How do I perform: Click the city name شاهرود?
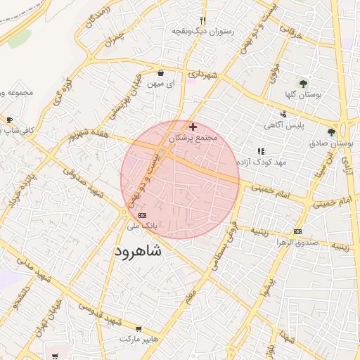click(137, 251)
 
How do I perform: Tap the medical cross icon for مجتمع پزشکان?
click(193, 127)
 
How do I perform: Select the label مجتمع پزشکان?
click(194, 139)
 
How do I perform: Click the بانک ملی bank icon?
click(143, 214)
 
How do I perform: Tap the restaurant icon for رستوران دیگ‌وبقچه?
click(202, 20)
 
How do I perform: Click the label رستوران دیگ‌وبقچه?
click(203, 32)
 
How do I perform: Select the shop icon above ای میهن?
click(161, 72)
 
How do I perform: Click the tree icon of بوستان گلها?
click(303, 84)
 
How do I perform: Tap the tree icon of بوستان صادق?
click(331, 131)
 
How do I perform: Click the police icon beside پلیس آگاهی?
click(283, 114)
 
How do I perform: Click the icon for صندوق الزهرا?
click(298, 231)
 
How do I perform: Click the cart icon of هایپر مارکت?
click(139, 328)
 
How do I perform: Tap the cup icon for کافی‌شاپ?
click(10, 120)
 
